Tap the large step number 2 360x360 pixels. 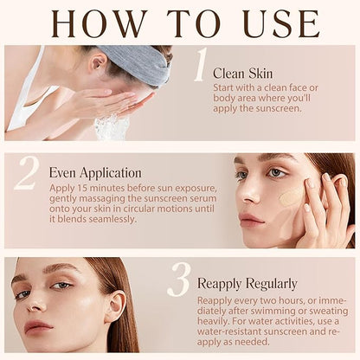click(27, 173)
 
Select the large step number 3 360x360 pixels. click(179, 280)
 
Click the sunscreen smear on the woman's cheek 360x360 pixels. click(292, 198)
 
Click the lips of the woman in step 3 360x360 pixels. click(38, 326)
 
